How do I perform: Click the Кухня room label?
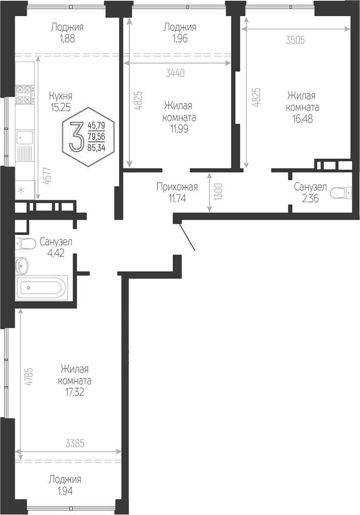pyautogui.click(x=61, y=96)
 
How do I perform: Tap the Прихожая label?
pyautogui.click(x=177, y=187)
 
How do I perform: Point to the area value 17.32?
pyautogui.click(x=74, y=392)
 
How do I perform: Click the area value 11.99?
pyautogui.click(x=179, y=129)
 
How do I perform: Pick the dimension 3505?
pyautogui.click(x=295, y=40)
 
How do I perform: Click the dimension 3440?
pyautogui.click(x=175, y=73)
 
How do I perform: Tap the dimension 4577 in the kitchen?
pyautogui.click(x=47, y=176)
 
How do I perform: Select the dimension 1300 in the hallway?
pyautogui.click(x=220, y=192)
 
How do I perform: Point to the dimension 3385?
pyautogui.click(x=75, y=443)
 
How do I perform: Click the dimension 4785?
pyautogui.click(x=29, y=377)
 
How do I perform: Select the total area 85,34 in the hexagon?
pyautogui.click(x=96, y=148)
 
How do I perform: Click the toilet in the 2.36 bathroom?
pyautogui.click(x=340, y=193)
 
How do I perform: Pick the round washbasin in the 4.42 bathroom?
pyautogui.click(x=22, y=265)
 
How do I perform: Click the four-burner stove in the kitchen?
pyautogui.click(x=25, y=94)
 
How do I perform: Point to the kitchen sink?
pyautogui.click(x=25, y=137)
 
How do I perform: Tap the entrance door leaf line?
pyautogui.click(x=187, y=237)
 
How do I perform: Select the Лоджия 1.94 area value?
pyautogui.click(x=65, y=491)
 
